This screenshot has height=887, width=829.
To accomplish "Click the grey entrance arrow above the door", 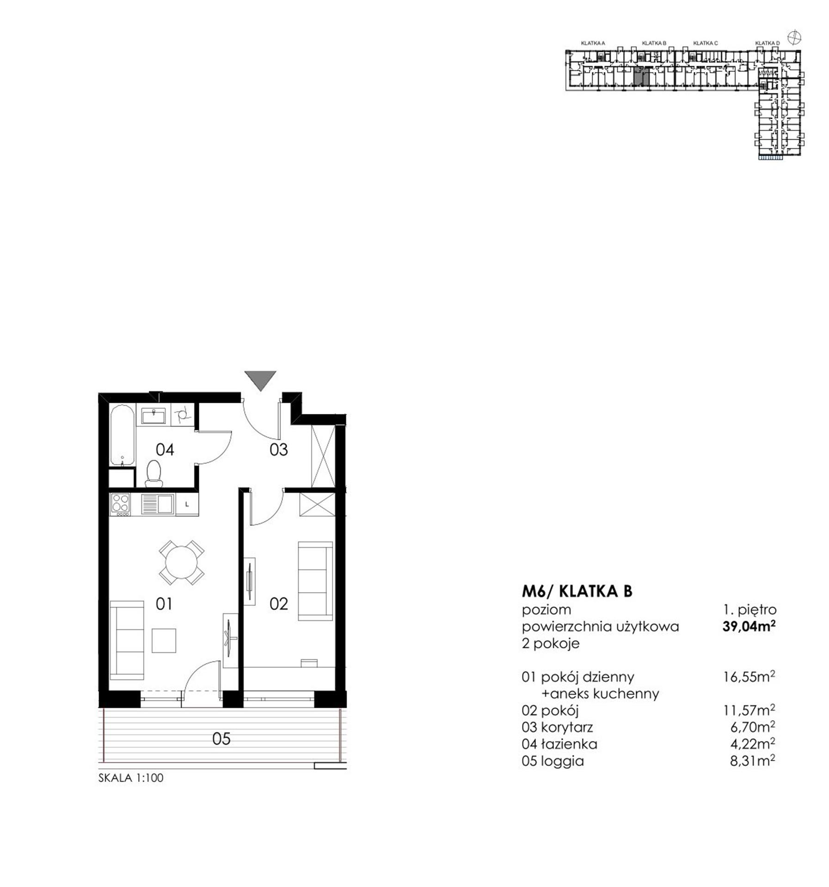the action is tap(260, 379).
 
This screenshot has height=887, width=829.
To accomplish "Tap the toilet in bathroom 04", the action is tap(154, 473).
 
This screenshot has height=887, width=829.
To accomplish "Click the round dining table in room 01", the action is tap(182, 563).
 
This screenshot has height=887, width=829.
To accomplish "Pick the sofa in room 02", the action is tap(315, 581).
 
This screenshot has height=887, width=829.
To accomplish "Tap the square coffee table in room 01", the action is tap(164, 640).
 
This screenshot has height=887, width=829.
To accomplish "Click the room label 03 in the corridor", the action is tap(278, 450).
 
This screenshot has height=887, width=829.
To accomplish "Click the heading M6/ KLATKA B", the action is tap(577, 591).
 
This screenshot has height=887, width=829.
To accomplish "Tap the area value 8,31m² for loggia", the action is tap(752, 760).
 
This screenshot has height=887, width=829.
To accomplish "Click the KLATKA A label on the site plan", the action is tap(593, 43).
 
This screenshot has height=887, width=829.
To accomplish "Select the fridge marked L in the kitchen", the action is tap(187, 504).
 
